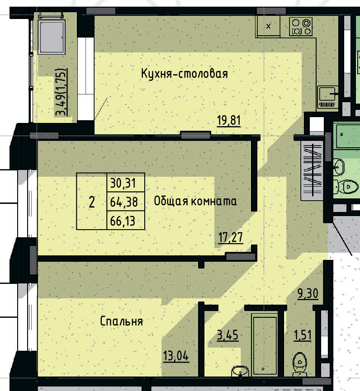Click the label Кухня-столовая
[184, 74]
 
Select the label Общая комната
[195, 201]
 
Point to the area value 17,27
[230, 236]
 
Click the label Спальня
[121, 321]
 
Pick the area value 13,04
[175, 355]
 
